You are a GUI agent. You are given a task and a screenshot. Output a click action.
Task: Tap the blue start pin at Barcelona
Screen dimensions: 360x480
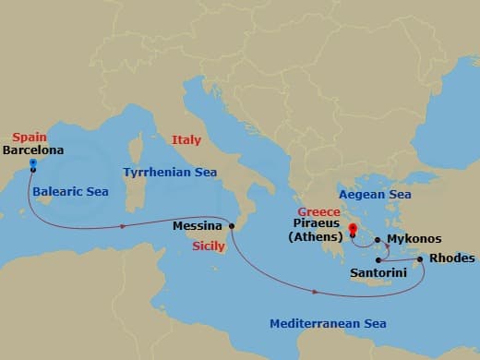point(32,164)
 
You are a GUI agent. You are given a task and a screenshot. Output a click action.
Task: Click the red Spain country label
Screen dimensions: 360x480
point(30,136)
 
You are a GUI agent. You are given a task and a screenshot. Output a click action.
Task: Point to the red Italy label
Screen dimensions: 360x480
point(186,139)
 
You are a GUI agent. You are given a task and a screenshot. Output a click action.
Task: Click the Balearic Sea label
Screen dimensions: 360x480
point(69,193)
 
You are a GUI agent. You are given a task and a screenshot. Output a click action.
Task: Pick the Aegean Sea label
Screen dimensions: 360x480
point(375,194)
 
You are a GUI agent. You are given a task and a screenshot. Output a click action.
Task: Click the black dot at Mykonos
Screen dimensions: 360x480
point(377,240)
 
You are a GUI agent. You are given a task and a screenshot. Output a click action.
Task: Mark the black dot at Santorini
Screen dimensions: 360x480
point(378,260)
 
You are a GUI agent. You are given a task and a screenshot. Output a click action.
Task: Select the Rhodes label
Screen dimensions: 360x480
point(453,258)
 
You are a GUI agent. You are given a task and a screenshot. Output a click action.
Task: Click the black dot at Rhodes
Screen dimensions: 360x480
point(421,259)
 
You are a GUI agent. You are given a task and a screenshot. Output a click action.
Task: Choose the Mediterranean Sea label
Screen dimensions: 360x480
point(328,323)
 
